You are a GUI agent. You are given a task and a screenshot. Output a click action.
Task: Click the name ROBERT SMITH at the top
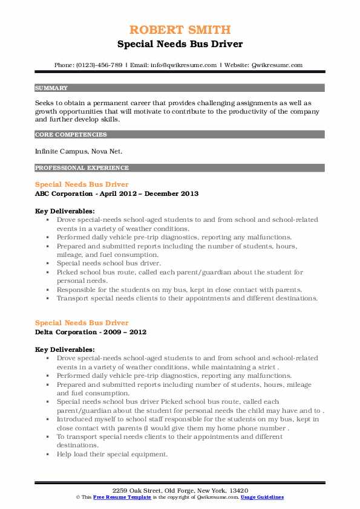[x=180, y=30]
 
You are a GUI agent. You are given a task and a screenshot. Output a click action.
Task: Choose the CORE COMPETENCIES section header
[x=64, y=134]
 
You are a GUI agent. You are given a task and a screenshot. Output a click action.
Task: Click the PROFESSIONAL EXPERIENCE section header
[x=73, y=167]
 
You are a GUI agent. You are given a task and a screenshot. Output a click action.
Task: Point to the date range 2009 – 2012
[x=126, y=332]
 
